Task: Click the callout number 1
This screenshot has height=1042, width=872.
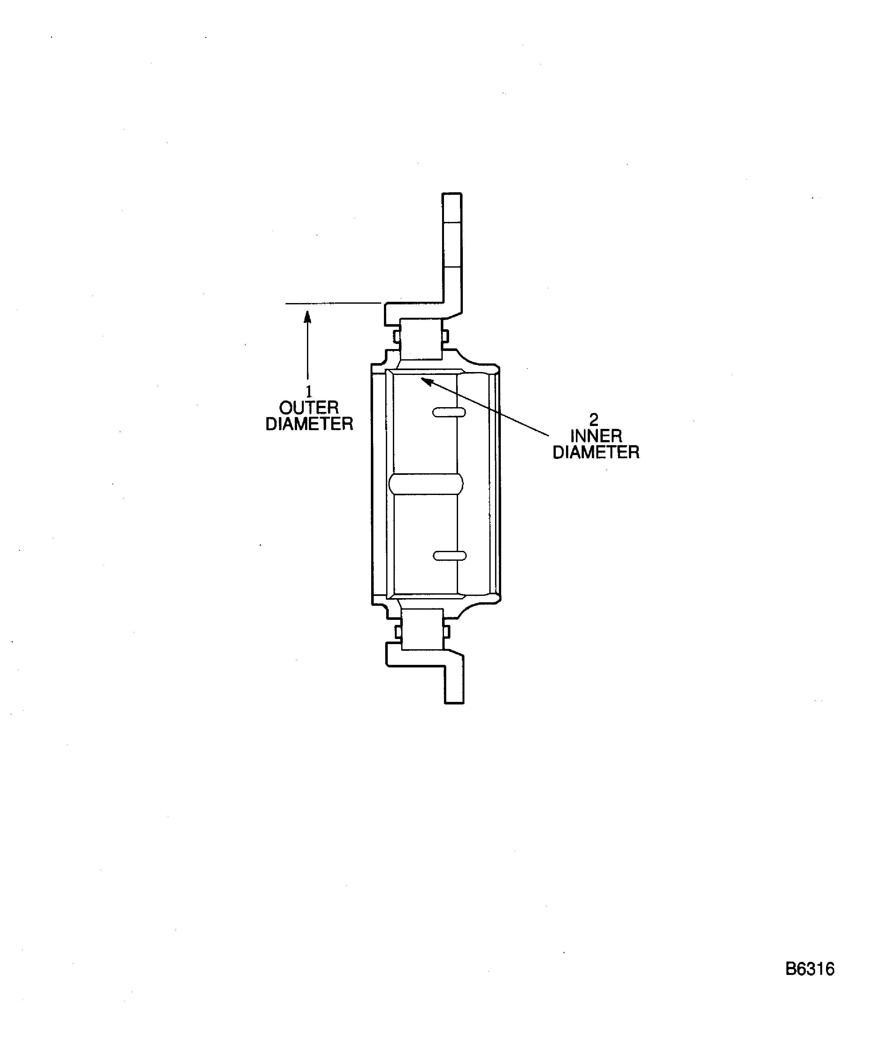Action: (x=309, y=392)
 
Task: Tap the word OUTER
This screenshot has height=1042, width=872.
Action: (x=309, y=408)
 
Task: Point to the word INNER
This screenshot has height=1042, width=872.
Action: (x=596, y=436)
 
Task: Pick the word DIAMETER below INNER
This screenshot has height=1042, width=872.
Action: (x=596, y=453)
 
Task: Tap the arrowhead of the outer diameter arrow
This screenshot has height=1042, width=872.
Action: (x=308, y=316)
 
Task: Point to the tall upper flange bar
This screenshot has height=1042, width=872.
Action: (x=452, y=248)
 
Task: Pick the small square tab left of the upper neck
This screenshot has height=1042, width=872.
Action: (x=396, y=336)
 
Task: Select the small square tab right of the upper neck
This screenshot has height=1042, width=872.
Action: (x=445, y=336)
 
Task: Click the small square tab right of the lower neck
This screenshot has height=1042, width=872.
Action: (x=446, y=632)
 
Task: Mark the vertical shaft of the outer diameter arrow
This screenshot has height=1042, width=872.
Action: (x=308, y=352)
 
